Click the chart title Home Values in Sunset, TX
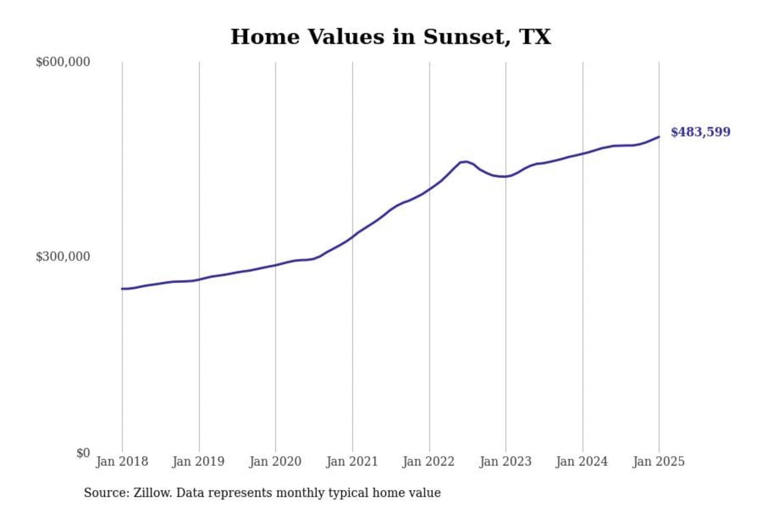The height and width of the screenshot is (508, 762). pos(391,37)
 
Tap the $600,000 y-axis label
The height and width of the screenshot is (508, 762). pos(62,62)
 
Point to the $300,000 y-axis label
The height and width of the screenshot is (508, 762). pos(62,257)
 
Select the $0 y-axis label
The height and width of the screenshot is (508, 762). pos(83,453)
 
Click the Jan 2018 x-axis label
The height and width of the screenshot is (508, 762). pos(122,461)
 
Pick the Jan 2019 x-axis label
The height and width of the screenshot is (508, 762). pos(198,461)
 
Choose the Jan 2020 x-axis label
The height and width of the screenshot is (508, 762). pos(275,461)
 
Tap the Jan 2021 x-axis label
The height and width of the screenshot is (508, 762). pos(352,461)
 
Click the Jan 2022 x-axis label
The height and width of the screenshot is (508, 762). pos(428,461)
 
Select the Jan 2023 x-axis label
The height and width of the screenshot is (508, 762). pos(505,461)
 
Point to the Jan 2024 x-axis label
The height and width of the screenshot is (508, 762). pos(582,461)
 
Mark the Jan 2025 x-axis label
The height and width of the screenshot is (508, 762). pos(658,461)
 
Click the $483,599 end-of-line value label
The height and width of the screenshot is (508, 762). pos(700,132)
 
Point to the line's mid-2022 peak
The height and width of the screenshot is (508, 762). pos(465,161)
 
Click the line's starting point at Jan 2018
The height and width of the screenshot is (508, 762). pos(122,288)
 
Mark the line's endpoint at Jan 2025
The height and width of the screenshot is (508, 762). pos(659,137)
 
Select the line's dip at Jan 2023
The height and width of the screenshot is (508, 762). pos(505,176)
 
